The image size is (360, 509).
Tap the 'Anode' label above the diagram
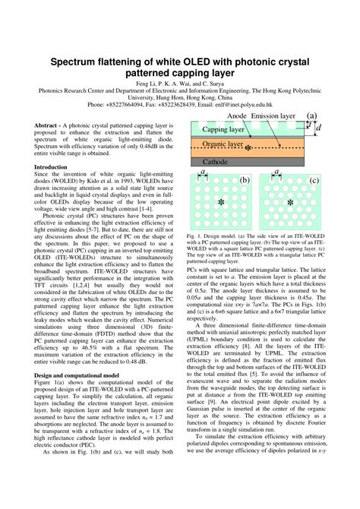(238, 116)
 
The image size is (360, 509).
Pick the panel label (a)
(311, 116)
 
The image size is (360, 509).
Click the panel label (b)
(245, 180)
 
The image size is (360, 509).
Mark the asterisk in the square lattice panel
(220, 204)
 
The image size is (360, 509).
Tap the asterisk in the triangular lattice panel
(289, 204)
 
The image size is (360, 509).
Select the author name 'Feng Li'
(148, 82)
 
